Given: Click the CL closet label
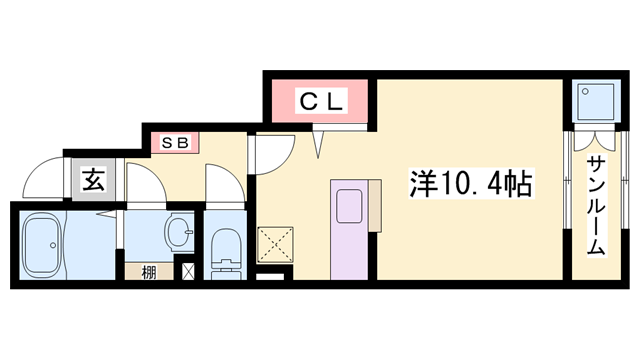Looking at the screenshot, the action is point(321,102).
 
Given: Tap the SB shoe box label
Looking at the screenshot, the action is point(175,143).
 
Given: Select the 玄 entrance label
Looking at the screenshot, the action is point(94,180).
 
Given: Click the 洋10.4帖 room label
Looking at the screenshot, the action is point(471,184).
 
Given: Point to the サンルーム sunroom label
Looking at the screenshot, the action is point(596,206).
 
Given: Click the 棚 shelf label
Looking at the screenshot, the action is point(149,273).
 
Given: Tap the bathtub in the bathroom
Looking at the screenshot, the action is point(43,245).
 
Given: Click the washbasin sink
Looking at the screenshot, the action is point(178,231).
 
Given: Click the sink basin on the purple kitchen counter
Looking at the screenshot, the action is point(349,206).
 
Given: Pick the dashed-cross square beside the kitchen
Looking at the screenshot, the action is point(276,245).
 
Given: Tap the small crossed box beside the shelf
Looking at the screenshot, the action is point(188,272).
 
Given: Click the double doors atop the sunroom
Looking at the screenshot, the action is point(594,140).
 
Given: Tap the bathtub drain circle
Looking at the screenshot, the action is point(53,245).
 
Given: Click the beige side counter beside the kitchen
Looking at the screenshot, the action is point(375,206).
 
